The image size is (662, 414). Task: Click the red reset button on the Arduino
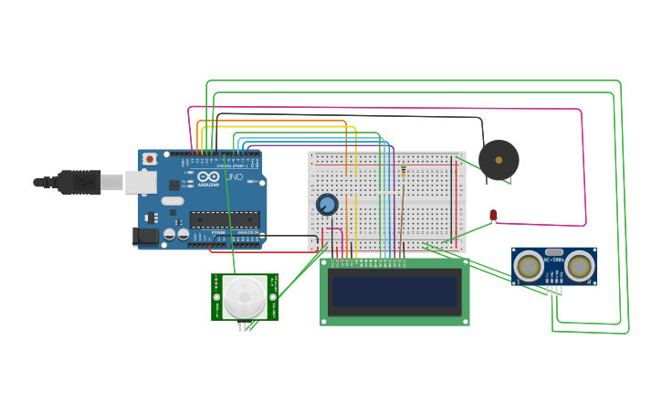(150, 159)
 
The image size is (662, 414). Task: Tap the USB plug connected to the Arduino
(80, 182)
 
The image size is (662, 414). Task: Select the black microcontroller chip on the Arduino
(225, 219)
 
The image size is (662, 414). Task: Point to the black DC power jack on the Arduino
(145, 237)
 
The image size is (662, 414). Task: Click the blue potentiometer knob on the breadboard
(327, 205)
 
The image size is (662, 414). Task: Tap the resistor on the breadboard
(403, 173)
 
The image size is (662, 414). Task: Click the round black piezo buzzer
(499, 160)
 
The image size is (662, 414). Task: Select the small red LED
(493, 215)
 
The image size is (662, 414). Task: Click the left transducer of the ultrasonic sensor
(529, 266)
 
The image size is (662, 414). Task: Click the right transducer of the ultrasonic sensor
(579, 266)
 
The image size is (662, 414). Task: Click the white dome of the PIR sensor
(245, 297)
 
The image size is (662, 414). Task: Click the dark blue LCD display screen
(394, 292)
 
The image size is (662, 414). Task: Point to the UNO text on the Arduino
(234, 176)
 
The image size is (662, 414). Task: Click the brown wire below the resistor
(401, 219)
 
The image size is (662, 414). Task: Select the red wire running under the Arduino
(265, 251)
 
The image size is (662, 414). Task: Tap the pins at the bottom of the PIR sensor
(245, 326)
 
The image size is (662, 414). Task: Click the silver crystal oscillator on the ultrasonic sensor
(554, 251)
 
